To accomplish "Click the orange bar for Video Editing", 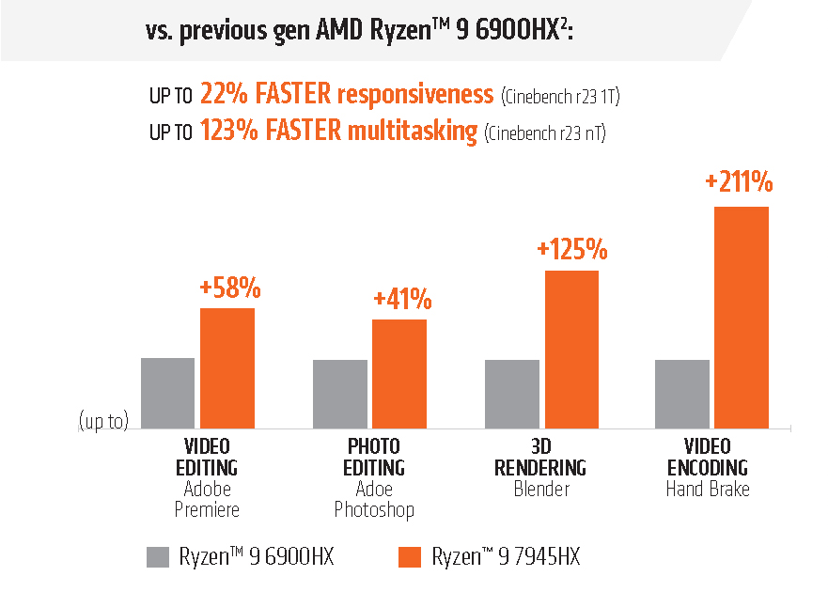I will [227, 368].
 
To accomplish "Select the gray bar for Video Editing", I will [168, 394].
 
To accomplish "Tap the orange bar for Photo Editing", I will [399, 374].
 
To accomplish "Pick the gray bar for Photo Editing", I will [340, 395].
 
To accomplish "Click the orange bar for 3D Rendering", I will [571, 350].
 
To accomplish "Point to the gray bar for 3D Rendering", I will [512, 395].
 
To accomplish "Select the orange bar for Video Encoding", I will [742, 318].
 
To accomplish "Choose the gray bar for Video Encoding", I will [682, 395].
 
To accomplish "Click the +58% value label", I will [229, 288].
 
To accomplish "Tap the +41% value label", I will [402, 300].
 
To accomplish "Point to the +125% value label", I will [572, 250].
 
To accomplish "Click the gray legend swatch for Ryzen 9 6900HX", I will [157, 556].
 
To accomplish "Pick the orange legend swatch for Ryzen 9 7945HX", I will [409, 556].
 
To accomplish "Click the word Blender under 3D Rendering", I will [542, 489].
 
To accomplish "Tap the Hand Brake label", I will [708, 489].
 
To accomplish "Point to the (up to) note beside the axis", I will [103, 422].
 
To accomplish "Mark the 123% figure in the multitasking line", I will [227, 131].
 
